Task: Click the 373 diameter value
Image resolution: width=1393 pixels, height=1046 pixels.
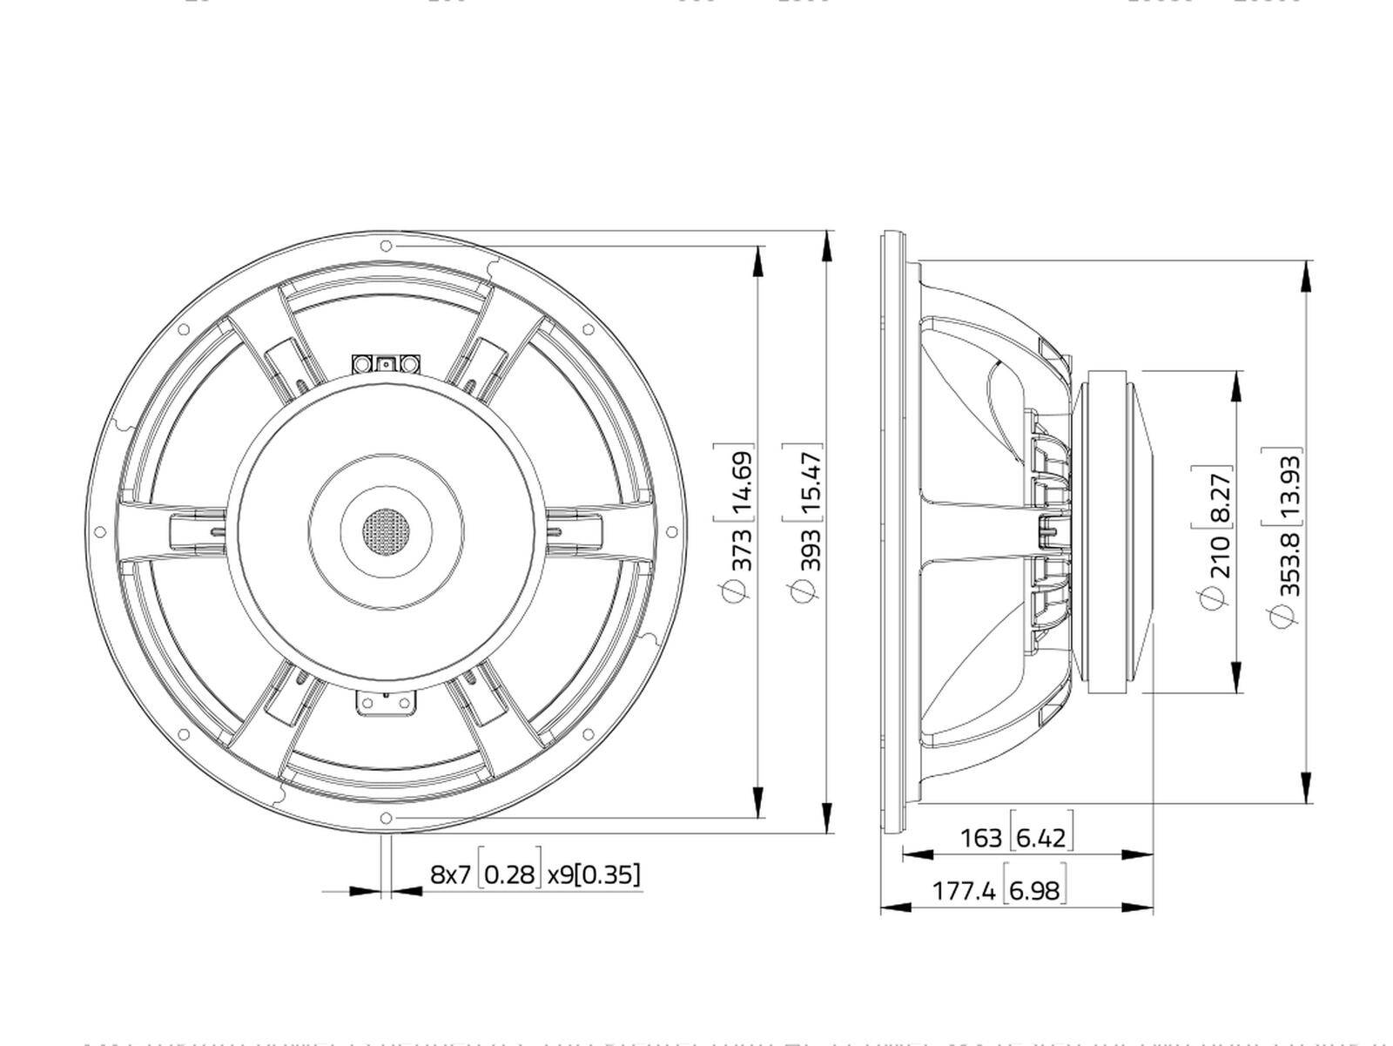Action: pyautogui.click(x=741, y=549)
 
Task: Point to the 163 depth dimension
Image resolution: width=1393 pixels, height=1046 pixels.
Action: pyautogui.click(x=980, y=838)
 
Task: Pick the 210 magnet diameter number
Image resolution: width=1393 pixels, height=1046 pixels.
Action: pyautogui.click(x=1219, y=557)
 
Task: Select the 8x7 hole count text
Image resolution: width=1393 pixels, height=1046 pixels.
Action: pyautogui.click(x=450, y=874)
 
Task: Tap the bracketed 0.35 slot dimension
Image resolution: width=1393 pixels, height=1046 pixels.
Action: pyautogui.click(x=609, y=874)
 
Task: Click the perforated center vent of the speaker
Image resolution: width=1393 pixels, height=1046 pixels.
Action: pyautogui.click(x=386, y=528)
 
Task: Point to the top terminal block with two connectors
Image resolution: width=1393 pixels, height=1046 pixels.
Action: pyautogui.click(x=386, y=363)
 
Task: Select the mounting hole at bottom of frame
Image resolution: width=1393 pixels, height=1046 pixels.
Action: pyautogui.click(x=386, y=817)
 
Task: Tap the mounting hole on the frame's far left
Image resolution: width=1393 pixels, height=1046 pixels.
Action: pyautogui.click(x=99, y=531)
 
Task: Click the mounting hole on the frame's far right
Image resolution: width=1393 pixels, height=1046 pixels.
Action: pyautogui.click(x=671, y=531)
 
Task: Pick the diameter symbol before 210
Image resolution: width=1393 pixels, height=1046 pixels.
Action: pyautogui.click(x=1213, y=597)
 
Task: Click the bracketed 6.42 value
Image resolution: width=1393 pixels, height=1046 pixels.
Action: pyautogui.click(x=1041, y=838)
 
